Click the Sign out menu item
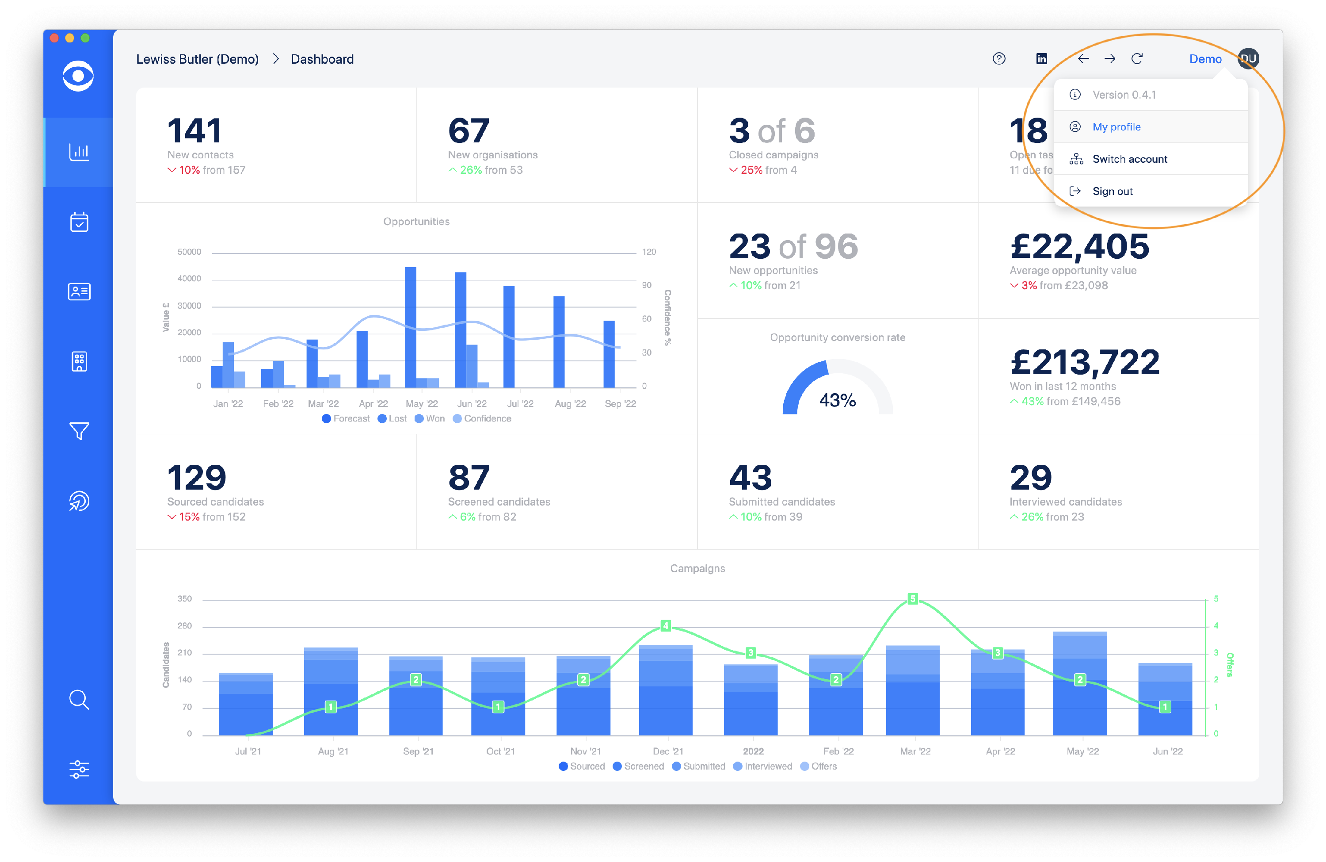(x=1112, y=191)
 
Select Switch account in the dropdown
(x=1129, y=159)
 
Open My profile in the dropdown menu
(x=1116, y=126)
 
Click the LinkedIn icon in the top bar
(x=1041, y=58)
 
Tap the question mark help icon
(x=999, y=58)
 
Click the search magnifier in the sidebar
(x=79, y=699)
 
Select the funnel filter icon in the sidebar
(x=79, y=430)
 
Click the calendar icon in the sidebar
(x=79, y=222)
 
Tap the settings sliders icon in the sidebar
(x=79, y=770)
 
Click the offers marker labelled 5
(x=912, y=599)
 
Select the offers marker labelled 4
(x=665, y=625)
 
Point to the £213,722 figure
(x=1085, y=362)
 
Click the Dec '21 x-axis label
(x=667, y=751)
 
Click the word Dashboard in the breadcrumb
(x=322, y=59)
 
